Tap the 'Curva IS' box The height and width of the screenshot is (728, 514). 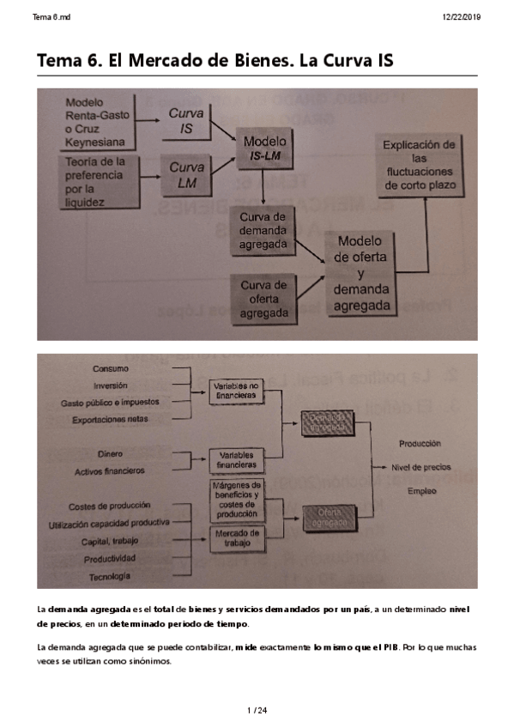click(x=185, y=121)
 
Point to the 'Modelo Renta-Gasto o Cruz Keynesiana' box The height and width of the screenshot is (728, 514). click(x=98, y=121)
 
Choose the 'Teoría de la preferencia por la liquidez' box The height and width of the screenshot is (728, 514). click(x=97, y=181)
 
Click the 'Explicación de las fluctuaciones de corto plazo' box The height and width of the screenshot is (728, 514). click(x=419, y=165)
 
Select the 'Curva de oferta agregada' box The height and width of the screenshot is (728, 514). click(x=263, y=299)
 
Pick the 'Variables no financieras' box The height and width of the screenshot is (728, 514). click(x=235, y=391)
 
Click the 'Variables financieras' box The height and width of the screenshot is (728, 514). click(x=237, y=459)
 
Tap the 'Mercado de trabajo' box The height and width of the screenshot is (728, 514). click(x=235, y=538)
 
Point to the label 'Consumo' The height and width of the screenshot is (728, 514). click(x=111, y=368)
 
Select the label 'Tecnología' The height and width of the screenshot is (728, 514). click(x=111, y=574)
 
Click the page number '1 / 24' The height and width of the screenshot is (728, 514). click(x=257, y=709)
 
